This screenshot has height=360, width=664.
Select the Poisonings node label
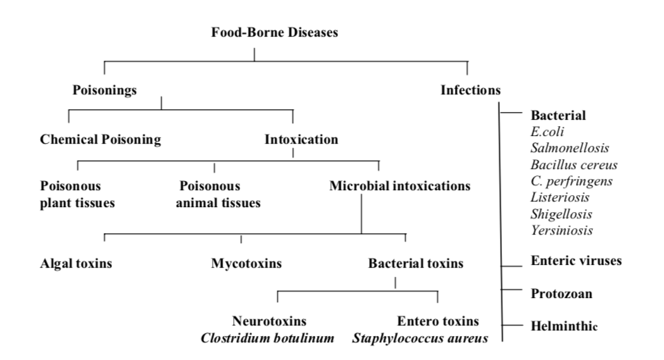pyautogui.click(x=105, y=89)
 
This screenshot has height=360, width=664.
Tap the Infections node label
pyautogui.click(x=470, y=89)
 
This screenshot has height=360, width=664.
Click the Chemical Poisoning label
pyautogui.click(x=100, y=139)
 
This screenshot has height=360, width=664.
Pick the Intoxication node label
pyautogui.click(x=301, y=139)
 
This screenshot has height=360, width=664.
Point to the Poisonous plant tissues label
pyautogui.click(x=77, y=195)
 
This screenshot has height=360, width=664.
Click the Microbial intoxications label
pyautogui.click(x=399, y=187)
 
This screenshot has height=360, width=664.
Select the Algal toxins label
pyautogui.click(x=77, y=264)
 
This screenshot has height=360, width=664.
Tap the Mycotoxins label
pyautogui.click(x=246, y=264)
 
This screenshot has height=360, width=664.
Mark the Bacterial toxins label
pyautogui.click(x=415, y=264)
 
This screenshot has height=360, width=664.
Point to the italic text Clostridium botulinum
pyautogui.click(x=267, y=337)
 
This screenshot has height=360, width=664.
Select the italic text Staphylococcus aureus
pyautogui.click(x=420, y=337)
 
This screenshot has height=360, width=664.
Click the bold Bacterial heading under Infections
pyautogui.click(x=558, y=115)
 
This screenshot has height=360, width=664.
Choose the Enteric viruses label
pyautogui.click(x=576, y=261)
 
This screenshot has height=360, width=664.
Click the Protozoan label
pyautogui.click(x=561, y=292)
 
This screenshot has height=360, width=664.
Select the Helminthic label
pyautogui.click(x=564, y=325)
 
